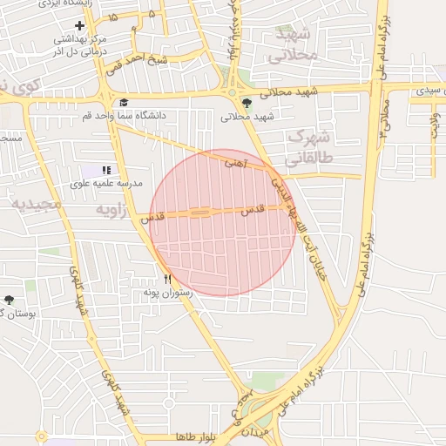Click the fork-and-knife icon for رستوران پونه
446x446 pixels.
coord(168,280)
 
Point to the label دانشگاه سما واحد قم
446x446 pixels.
coord(125,115)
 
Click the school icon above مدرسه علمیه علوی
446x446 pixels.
coord(107,171)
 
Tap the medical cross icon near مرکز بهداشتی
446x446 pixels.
coord(80,26)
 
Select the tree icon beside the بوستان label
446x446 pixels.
coord(10,300)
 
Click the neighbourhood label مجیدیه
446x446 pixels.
coord(36,203)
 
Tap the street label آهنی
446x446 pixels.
coord(235,162)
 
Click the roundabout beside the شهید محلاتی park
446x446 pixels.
coord(232,92)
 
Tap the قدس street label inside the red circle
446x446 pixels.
coord(252,210)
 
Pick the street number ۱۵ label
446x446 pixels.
coord(112,17)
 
